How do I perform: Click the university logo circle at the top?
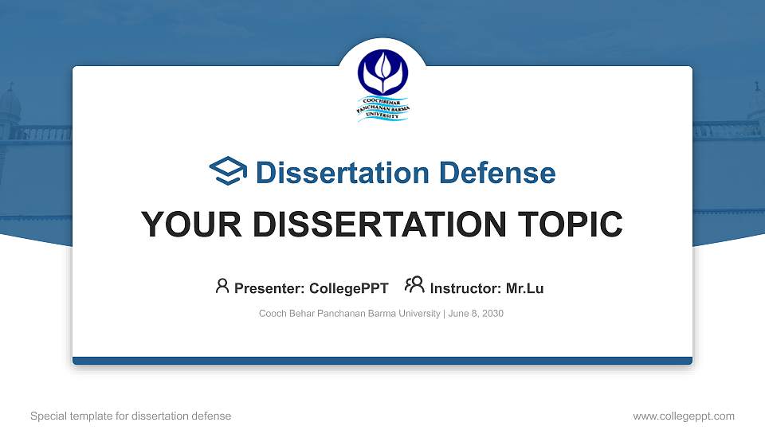pyautogui.click(x=382, y=72)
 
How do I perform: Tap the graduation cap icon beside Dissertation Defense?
pyautogui.click(x=229, y=172)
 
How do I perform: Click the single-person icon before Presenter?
pyautogui.click(x=222, y=286)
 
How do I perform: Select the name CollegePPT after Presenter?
pyautogui.click(x=350, y=288)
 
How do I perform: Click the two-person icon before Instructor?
pyautogui.click(x=414, y=286)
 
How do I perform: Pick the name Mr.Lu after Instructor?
pyautogui.click(x=524, y=288)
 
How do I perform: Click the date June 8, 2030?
pyautogui.click(x=476, y=314)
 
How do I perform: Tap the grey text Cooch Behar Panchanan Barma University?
pyautogui.click(x=349, y=314)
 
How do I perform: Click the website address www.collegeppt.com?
pyautogui.click(x=684, y=416)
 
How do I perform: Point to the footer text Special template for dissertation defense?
pyautogui.click(x=131, y=416)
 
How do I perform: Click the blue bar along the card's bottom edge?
pyautogui.click(x=382, y=361)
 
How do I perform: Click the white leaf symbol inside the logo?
pyautogui.click(x=382, y=68)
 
